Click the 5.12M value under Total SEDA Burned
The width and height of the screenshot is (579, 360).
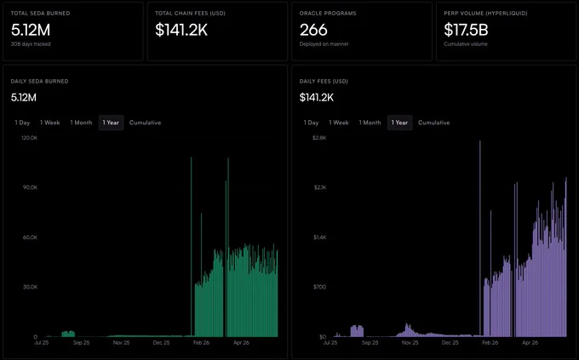(x=31, y=30)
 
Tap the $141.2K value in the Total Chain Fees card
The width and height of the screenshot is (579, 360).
(x=181, y=30)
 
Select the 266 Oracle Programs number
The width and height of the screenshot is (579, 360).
(x=313, y=30)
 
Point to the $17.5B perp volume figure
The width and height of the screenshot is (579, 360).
(x=466, y=30)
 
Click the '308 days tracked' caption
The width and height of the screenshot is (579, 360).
(x=31, y=44)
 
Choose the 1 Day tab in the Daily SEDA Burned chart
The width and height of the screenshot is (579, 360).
(x=22, y=123)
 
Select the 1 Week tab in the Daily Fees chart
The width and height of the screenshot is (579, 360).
(x=339, y=123)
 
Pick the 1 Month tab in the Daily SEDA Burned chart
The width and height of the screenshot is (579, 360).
(x=81, y=123)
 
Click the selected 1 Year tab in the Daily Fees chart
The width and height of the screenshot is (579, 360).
(x=399, y=123)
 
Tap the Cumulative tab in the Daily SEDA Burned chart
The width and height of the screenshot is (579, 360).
(x=145, y=123)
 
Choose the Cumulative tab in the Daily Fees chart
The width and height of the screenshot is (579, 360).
(x=434, y=123)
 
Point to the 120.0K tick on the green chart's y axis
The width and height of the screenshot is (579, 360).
(x=30, y=138)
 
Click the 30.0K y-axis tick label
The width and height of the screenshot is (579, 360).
(x=31, y=287)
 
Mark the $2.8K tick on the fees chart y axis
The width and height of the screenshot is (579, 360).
(x=319, y=138)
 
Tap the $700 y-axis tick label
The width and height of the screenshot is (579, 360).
(x=320, y=287)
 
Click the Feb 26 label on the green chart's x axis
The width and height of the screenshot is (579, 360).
(x=201, y=343)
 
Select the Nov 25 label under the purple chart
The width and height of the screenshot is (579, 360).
(x=410, y=343)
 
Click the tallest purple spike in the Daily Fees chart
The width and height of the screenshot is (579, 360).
(x=480, y=238)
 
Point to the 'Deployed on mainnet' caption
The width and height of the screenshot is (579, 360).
(x=324, y=44)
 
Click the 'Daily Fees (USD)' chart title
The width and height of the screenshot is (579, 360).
(x=324, y=81)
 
